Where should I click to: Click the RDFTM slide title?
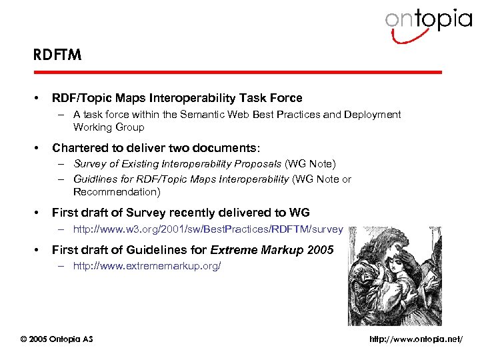coord(57,55)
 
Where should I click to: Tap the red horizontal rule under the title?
coord(237,72)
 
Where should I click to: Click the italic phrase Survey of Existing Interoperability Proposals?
coord(177,164)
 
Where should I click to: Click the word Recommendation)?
coord(117,192)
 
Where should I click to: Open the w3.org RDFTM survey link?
coord(208,229)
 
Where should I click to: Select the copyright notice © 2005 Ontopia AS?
coord(57,339)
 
